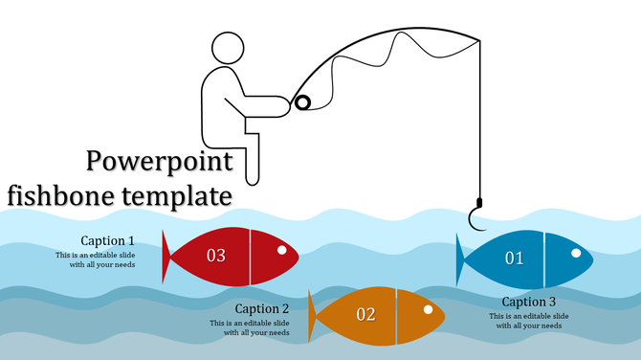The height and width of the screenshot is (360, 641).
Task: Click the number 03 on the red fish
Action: [215, 256]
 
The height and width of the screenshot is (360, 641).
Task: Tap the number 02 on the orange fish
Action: [365, 314]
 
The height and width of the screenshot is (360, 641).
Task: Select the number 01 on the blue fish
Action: [515, 259]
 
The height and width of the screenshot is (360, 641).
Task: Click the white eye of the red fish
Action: [282, 251]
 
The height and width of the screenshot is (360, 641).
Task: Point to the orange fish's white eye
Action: [428, 309]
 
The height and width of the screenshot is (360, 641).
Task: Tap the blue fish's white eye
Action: [576, 253]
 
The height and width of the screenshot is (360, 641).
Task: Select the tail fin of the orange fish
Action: [313, 315]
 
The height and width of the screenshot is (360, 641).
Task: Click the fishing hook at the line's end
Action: [475, 214]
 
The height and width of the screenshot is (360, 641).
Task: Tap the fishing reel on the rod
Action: [302, 101]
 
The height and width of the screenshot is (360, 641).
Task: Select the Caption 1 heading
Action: [107, 240]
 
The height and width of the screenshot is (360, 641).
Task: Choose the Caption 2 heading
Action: [262, 308]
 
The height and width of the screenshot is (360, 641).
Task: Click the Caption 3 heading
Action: [529, 302]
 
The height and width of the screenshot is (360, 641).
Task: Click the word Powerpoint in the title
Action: [159, 161]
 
